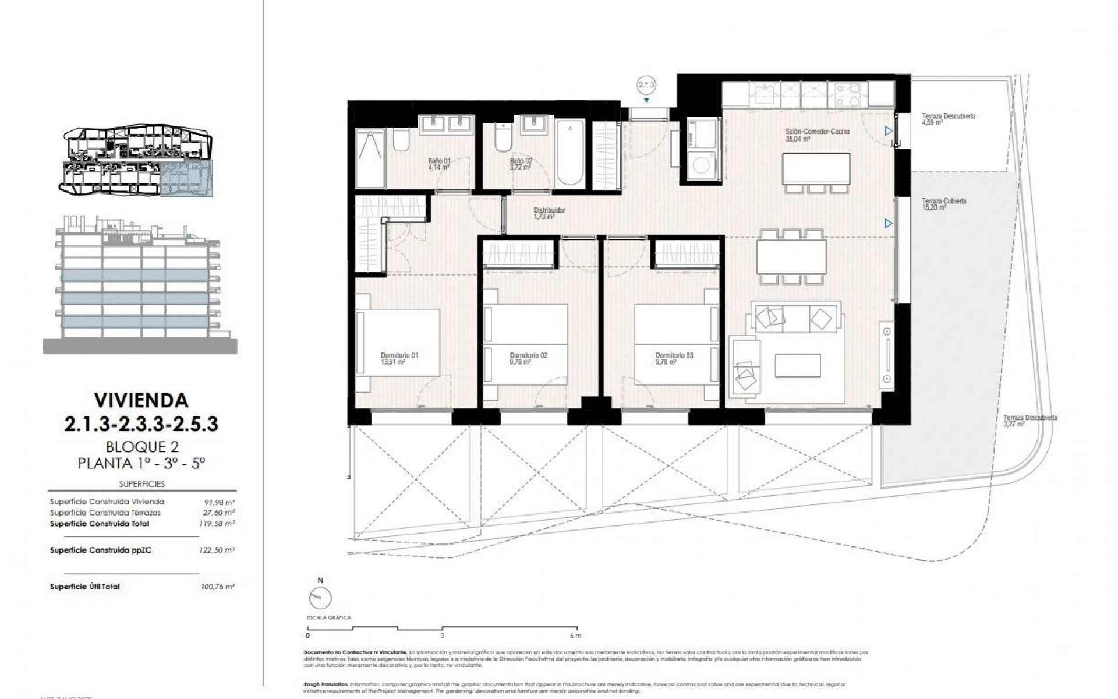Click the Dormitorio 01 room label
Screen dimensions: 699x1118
pos(399,358)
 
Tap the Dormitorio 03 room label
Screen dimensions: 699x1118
pos(674,358)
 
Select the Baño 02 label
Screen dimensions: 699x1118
pos(521,164)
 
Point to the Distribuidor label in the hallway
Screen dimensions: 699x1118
pos(549,213)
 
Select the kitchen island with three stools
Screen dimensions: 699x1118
pos(816,168)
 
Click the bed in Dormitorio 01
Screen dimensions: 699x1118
pos(399,344)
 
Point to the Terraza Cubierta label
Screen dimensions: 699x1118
pos(943,204)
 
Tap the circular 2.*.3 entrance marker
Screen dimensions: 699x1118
pos(646,86)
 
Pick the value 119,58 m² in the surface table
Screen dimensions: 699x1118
pos(217,524)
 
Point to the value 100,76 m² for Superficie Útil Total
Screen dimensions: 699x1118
pos(217,587)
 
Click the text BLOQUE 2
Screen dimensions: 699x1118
pos(141,447)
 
